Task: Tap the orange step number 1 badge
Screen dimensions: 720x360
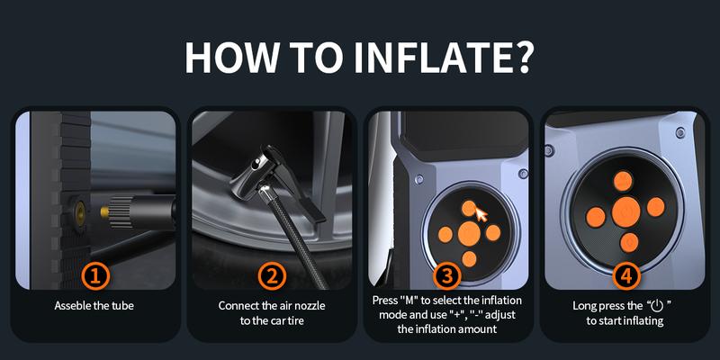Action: pyautogui.click(x=95, y=276)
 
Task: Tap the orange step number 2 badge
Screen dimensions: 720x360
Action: pyautogui.click(x=272, y=276)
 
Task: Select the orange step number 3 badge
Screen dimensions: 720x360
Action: pyautogui.click(x=448, y=276)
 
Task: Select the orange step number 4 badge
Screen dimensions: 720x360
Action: pyautogui.click(x=625, y=276)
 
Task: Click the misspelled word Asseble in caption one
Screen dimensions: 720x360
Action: pyautogui.click(x=72, y=305)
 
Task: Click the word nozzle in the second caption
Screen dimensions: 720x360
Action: pyautogui.click(x=310, y=305)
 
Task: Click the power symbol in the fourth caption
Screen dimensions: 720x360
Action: pyautogui.click(x=657, y=305)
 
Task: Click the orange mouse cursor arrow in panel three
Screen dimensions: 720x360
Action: pyautogui.click(x=481, y=214)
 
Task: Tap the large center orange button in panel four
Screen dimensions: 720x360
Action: pyautogui.click(x=625, y=212)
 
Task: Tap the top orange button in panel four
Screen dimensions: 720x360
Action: pyautogui.click(x=623, y=181)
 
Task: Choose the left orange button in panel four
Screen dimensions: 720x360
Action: pyautogui.click(x=596, y=217)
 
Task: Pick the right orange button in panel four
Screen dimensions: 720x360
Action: pyautogui.click(x=656, y=207)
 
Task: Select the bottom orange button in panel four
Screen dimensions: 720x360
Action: pyautogui.click(x=629, y=242)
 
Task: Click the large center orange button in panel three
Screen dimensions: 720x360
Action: pyautogui.click(x=469, y=233)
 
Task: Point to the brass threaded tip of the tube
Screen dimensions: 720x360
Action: pyautogui.click(x=105, y=211)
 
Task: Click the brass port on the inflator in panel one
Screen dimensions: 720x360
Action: pyautogui.click(x=80, y=212)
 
